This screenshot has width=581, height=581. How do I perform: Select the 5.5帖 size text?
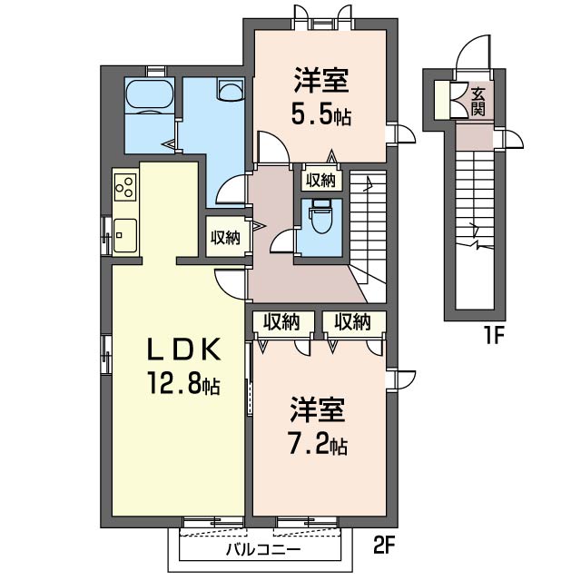[x=320, y=116]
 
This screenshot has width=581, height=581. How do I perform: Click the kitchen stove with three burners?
[x=125, y=188]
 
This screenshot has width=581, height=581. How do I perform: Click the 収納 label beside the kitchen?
[x=225, y=238]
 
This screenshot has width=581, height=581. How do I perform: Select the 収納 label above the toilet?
[x=320, y=181]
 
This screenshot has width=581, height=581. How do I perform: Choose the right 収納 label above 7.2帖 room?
[x=352, y=321]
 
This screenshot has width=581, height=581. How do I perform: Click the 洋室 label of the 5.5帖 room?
[x=320, y=81]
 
